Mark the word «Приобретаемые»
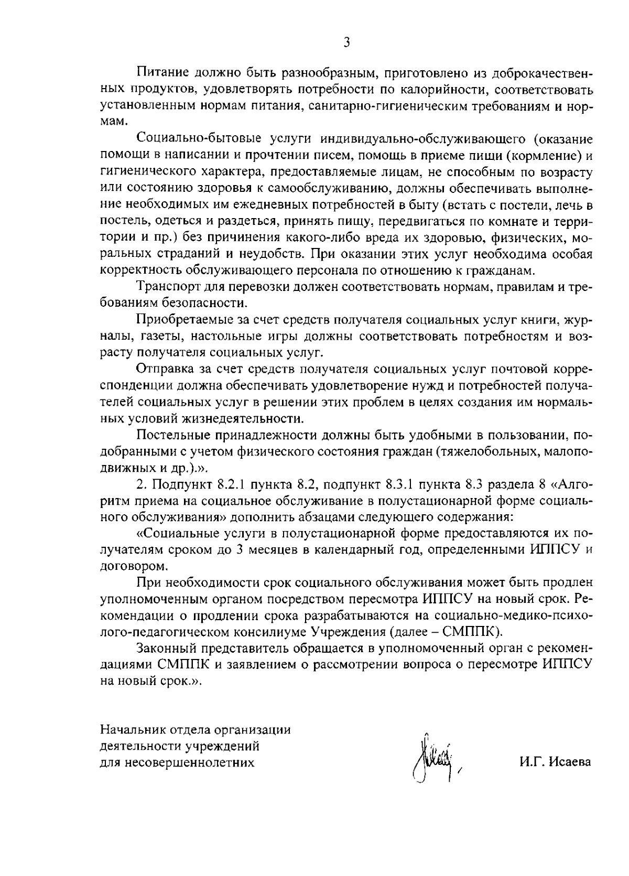click(x=177, y=320)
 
